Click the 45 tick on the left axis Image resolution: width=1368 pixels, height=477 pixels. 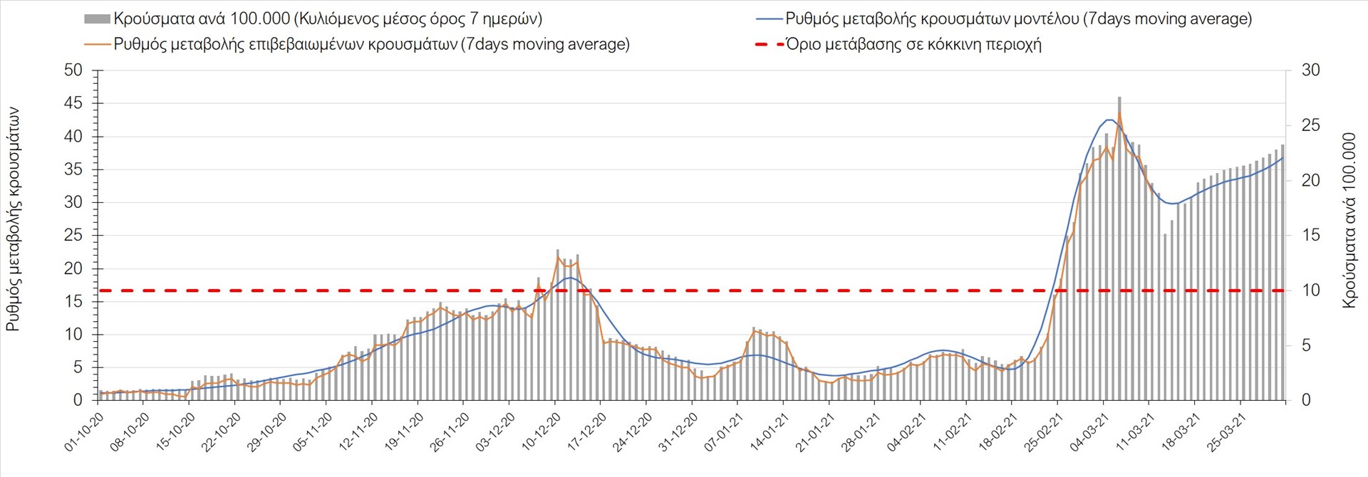pos(73,103)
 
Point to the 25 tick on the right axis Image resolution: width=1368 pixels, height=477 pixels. pos(1311,125)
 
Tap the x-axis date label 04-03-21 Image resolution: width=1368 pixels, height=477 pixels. pos(1089,431)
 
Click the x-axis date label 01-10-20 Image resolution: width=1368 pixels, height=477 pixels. pos(83,431)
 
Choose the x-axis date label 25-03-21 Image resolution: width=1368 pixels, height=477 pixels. pos(1226,431)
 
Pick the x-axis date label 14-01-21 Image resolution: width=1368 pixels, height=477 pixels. pos(769,431)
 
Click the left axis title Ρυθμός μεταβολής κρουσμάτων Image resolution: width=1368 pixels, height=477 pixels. pos(14,219)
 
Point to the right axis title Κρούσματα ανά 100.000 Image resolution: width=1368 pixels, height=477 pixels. pos(1349,220)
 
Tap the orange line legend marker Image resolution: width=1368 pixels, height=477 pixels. pos(97,44)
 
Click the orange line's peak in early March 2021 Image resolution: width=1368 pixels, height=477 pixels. pos(1119,113)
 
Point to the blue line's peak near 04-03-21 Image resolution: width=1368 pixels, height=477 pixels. pos(1110,120)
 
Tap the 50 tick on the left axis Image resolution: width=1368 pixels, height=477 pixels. pos(73,70)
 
